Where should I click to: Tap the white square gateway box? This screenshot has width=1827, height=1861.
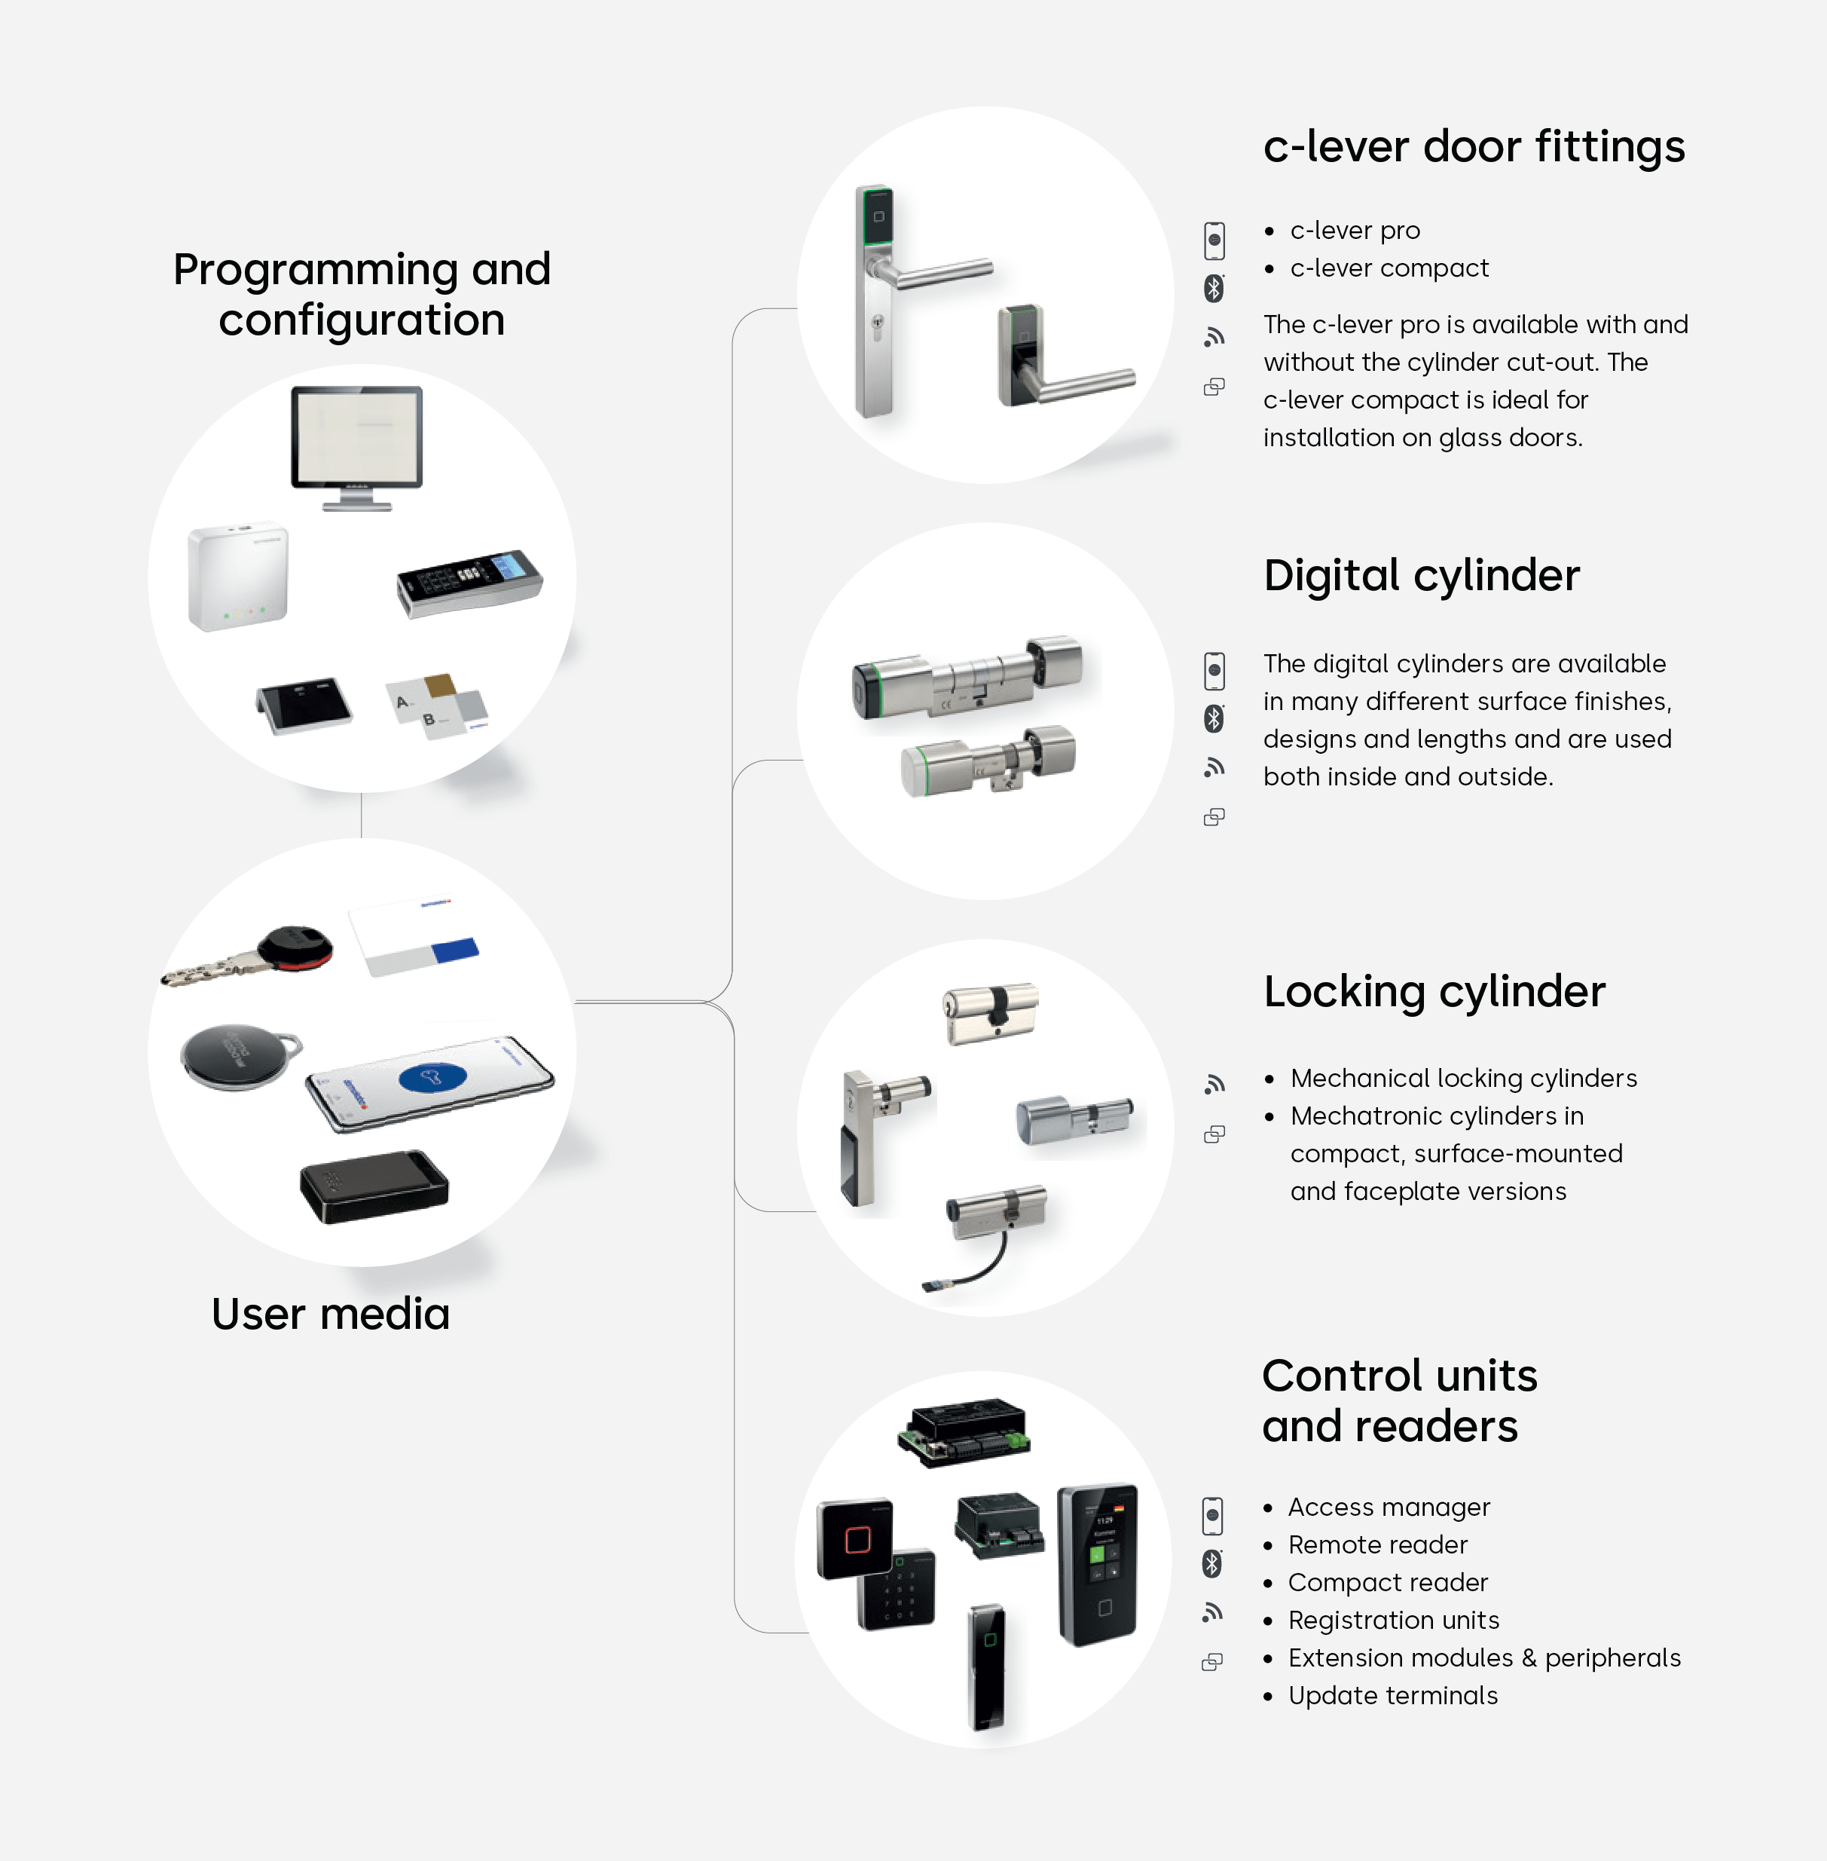[x=238, y=576]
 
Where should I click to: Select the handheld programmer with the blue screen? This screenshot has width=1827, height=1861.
[x=469, y=582]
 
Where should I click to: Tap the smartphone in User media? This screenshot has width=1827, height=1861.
[x=430, y=1082]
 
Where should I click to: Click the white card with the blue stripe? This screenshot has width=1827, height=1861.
[x=413, y=938]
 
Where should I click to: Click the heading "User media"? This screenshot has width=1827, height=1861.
[x=330, y=1313]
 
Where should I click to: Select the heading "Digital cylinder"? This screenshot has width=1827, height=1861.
[x=1421, y=576]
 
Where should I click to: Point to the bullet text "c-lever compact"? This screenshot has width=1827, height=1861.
[x=1389, y=268]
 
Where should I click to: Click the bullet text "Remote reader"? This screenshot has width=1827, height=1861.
[x=1377, y=1544]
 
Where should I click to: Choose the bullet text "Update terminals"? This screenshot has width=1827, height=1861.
[x=1392, y=1695]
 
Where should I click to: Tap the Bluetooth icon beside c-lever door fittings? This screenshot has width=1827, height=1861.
[x=1214, y=288]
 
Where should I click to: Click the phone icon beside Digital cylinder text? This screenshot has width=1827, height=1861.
[x=1214, y=670]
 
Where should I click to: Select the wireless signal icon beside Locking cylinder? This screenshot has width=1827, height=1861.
[x=1214, y=1084]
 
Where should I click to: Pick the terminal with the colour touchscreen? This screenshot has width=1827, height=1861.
[x=1098, y=1565]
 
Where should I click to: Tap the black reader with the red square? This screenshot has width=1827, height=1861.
[x=855, y=1539]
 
